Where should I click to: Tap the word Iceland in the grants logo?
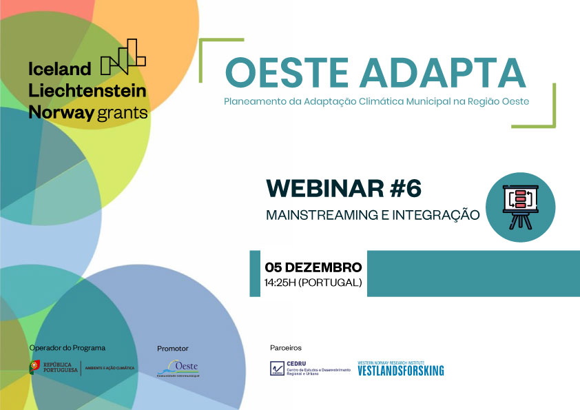(x=60, y=69)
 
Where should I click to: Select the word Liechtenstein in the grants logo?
(x=87, y=90)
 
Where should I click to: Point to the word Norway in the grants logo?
(x=60, y=112)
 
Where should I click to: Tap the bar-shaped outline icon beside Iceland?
(x=123, y=57)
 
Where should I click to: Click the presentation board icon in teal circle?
(x=521, y=207)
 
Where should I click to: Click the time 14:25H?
(x=280, y=283)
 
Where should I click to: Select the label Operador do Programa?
(x=68, y=348)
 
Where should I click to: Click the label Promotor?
(x=172, y=349)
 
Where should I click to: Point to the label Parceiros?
(x=285, y=348)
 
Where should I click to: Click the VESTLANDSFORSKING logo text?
(x=400, y=371)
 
